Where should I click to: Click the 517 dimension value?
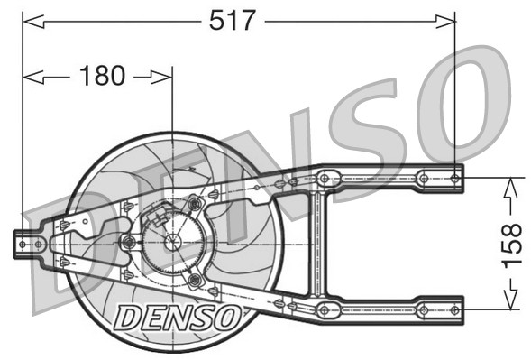coord(233,19)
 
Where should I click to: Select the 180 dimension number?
coord(102,77)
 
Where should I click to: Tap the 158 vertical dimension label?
coord(510,240)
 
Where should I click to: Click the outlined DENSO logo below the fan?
coord(177,316)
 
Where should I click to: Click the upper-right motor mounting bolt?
coord(195,205)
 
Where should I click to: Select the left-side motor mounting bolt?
coord(128,242)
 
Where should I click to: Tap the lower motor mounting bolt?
coord(194,280)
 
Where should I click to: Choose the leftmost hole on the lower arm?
coord(325,310)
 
